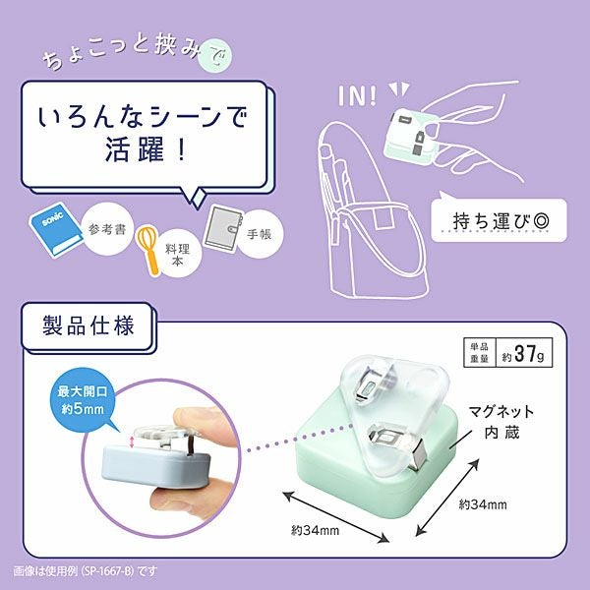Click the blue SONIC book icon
pos(56,229)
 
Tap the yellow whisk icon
pos(149,249)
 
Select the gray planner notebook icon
pos(222,229)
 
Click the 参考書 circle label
pos(107,229)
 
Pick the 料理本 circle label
pos(177,254)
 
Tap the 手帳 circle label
pos(259,234)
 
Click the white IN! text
pos(358,96)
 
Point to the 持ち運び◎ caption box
pos(499,220)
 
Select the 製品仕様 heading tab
pos(88,326)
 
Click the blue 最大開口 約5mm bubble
pos(83,399)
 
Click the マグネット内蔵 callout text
pos(501,422)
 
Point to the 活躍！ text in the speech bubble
pos(146,149)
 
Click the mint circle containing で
pos(215,58)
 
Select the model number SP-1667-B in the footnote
pos(107,570)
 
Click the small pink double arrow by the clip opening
pos(132,442)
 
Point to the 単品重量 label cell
pos(480,353)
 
